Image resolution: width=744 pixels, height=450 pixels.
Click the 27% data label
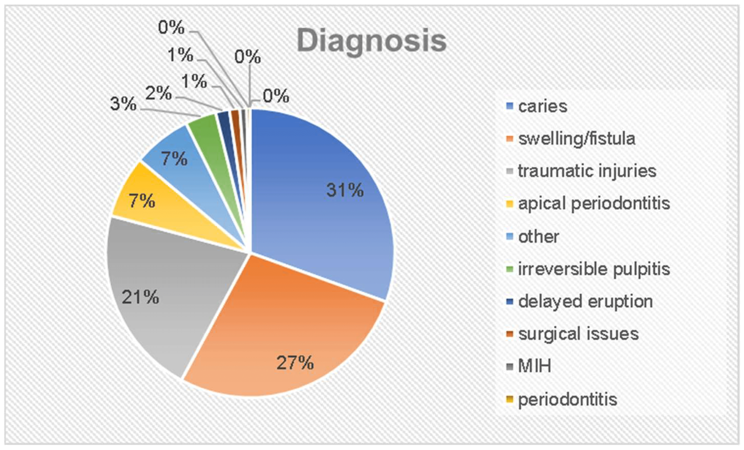[295, 362]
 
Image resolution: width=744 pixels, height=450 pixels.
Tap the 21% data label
[140, 297]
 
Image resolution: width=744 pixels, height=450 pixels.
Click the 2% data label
[158, 93]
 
